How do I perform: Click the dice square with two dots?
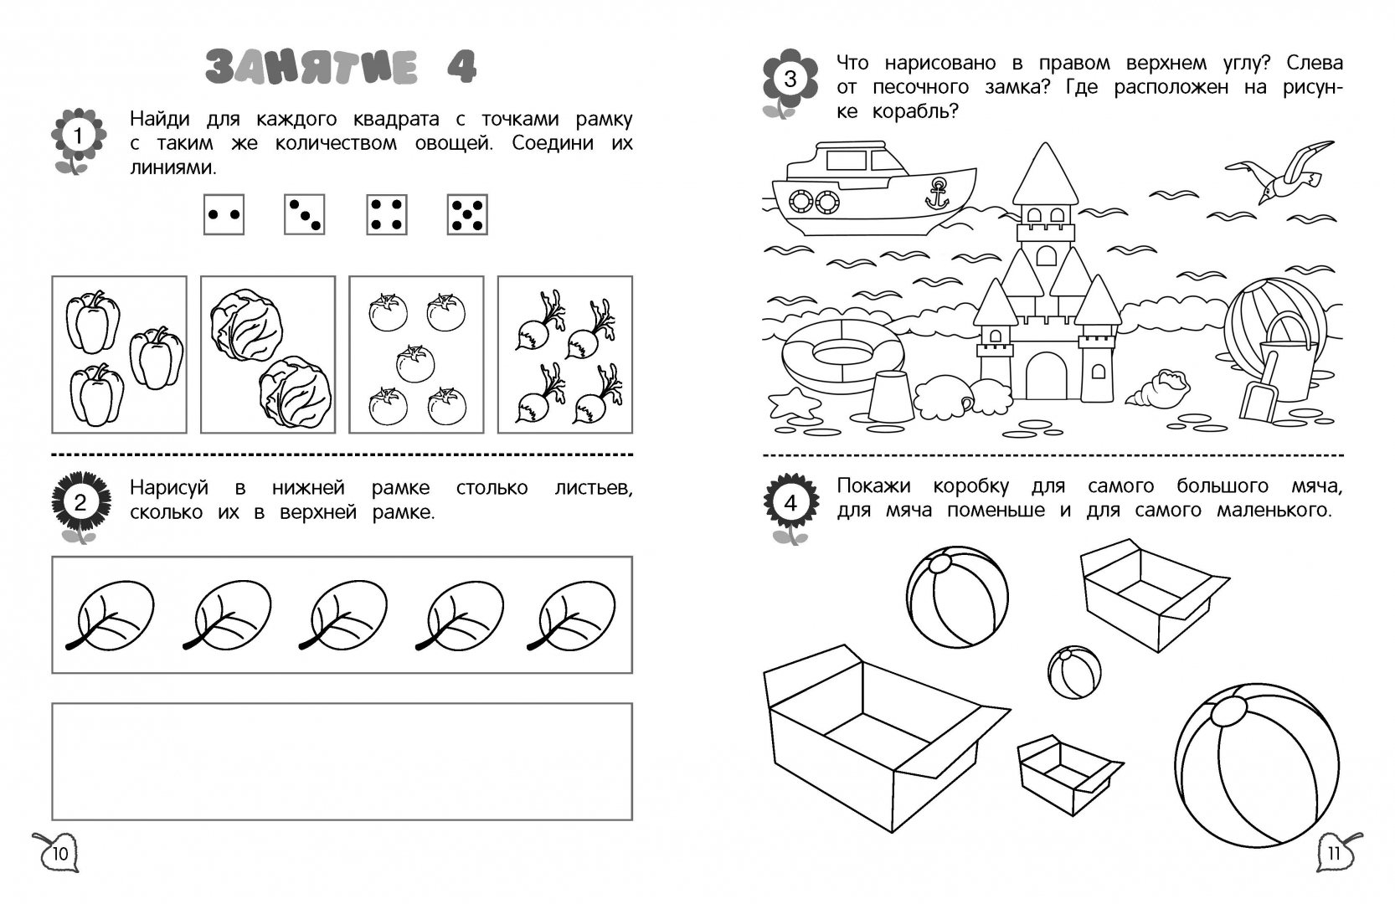point(224,214)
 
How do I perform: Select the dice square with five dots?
point(467,214)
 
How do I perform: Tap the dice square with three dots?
point(305,214)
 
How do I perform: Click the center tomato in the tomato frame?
point(415,363)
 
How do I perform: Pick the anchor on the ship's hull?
point(937,193)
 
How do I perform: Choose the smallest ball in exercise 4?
point(1074,672)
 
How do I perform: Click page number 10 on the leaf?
point(59,852)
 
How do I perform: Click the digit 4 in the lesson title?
point(462,66)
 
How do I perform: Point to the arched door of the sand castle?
point(1046,376)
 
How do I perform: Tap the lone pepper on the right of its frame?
point(157,357)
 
